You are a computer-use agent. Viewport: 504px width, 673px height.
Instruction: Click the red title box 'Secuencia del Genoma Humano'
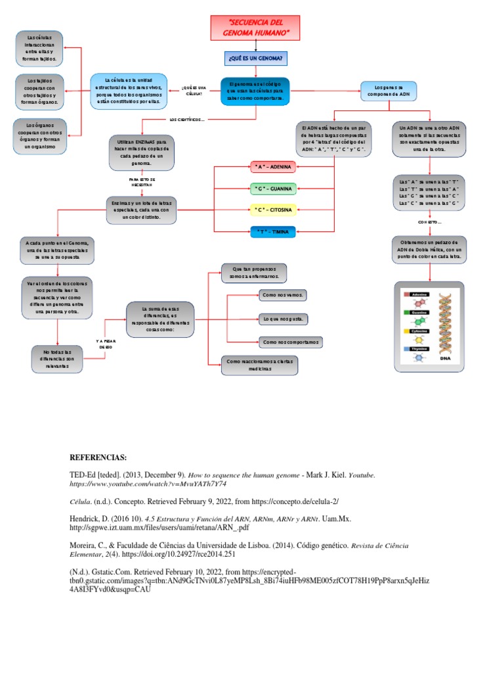point(255,28)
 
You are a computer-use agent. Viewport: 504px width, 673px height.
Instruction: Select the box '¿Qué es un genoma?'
point(255,59)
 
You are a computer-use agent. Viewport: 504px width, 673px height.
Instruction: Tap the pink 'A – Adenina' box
point(273,167)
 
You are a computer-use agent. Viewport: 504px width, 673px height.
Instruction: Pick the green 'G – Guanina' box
point(273,189)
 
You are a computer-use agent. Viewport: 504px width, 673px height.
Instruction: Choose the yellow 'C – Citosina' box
point(273,210)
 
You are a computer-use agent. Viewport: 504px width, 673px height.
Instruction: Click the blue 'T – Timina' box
point(273,231)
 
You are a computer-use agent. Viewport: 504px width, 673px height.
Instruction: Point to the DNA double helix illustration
point(430,326)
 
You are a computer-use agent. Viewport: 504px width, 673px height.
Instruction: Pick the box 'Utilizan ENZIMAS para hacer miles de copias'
point(141,153)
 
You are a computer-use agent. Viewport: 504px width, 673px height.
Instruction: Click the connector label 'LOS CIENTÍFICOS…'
point(187,120)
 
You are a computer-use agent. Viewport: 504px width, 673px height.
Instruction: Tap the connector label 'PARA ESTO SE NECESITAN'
point(142,182)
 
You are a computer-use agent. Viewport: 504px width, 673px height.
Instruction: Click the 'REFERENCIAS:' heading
point(98,458)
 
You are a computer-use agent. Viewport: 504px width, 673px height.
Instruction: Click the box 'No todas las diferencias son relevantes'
point(57,360)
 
